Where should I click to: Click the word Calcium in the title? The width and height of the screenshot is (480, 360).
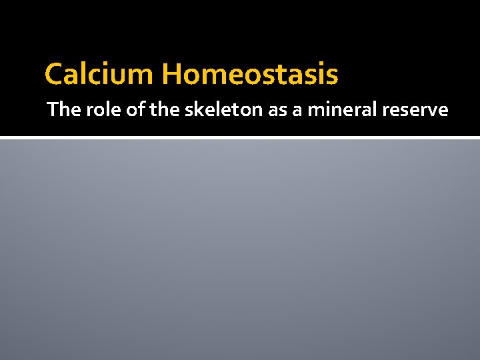(x=99, y=75)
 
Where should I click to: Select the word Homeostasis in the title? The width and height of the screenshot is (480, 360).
(x=249, y=75)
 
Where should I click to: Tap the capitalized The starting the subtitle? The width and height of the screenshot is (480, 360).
(x=63, y=109)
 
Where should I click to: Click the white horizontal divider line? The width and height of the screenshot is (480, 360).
(x=240, y=137)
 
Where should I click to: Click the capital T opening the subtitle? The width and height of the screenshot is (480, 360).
(x=53, y=109)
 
